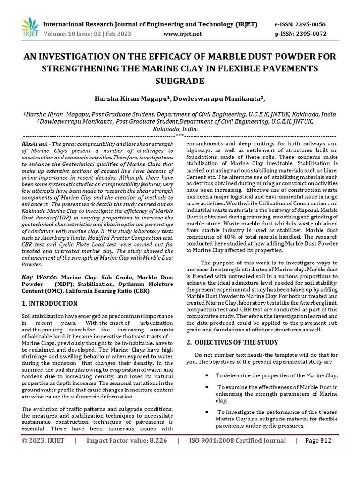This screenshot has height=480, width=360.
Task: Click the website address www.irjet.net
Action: coord(182,34)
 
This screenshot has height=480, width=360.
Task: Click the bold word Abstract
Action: coord(35,143)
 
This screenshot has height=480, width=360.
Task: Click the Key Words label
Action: coord(40,277)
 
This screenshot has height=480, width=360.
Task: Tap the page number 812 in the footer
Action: coord(324,441)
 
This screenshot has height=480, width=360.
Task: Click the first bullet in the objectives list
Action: coord(207,375)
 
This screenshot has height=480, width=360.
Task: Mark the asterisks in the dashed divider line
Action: coord(180,135)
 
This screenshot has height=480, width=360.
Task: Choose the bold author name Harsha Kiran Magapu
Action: coord(127,98)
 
